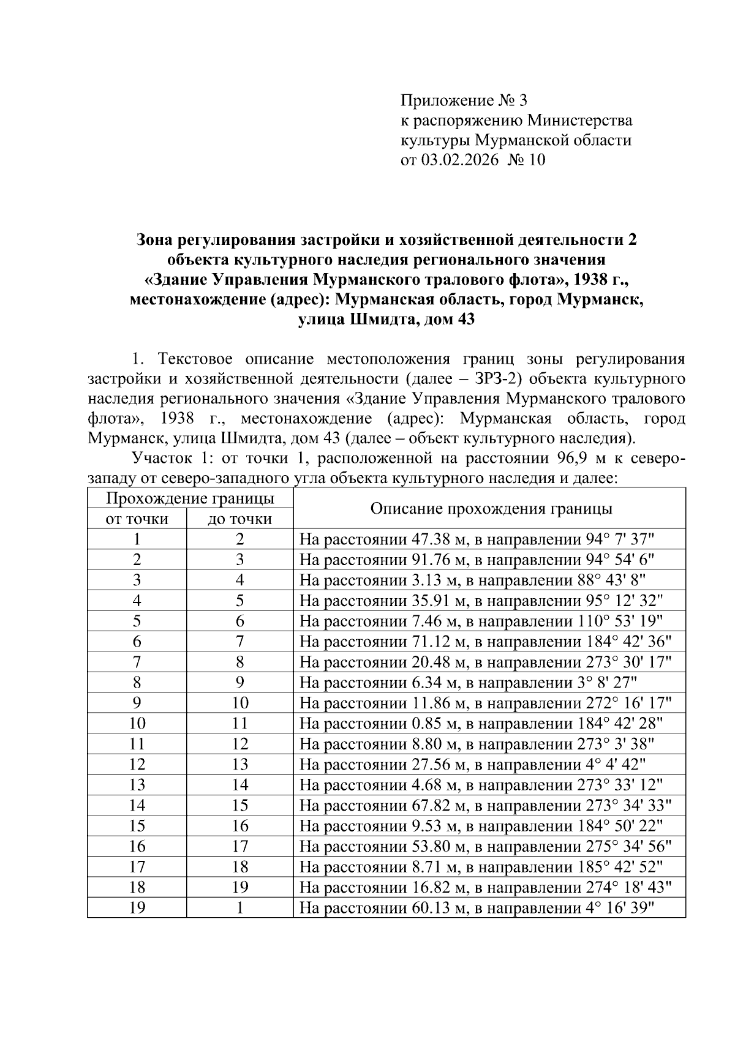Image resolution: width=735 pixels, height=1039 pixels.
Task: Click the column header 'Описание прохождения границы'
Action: pos(491,509)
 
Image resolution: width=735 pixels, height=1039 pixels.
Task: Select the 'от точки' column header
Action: pos(137,519)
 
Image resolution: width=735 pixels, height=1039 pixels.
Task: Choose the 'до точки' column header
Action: pos(239,519)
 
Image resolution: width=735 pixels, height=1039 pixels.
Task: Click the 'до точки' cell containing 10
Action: pos(239,703)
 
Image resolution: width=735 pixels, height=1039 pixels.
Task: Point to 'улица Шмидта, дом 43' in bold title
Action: pos(386,320)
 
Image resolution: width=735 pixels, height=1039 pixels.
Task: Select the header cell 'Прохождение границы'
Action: pos(190,498)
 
